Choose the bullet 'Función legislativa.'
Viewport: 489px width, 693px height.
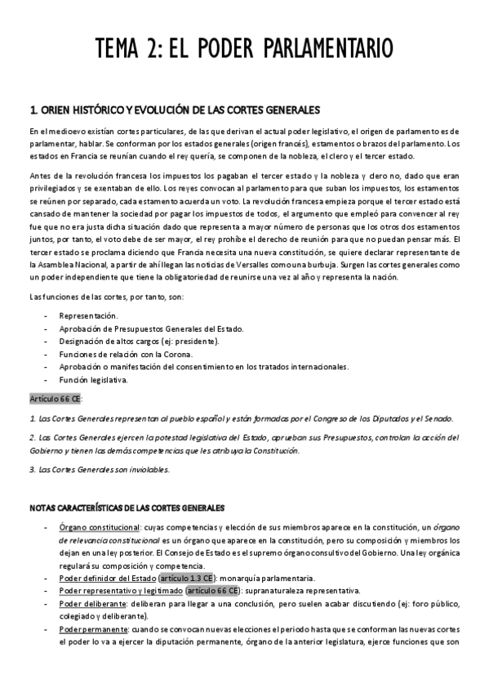(93, 379)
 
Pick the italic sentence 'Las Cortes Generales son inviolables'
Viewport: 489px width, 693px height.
(100, 470)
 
